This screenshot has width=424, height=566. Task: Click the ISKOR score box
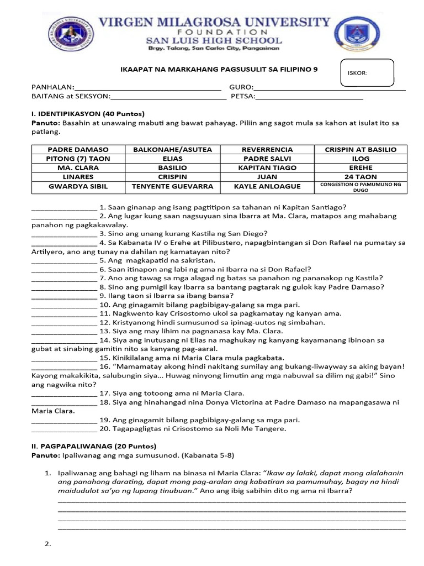click(x=367, y=73)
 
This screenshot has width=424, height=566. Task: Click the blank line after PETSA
click(x=309, y=98)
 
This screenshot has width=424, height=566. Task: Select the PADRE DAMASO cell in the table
click(x=78, y=150)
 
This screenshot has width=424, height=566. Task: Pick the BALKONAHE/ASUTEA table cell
click(x=172, y=150)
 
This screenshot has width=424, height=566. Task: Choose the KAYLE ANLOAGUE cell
click(x=267, y=186)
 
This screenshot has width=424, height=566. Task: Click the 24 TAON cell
click(x=361, y=177)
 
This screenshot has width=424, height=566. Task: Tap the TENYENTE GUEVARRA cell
click(x=172, y=186)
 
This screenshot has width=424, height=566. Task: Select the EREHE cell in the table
click(x=361, y=167)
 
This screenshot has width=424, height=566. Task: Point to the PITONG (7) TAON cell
click(x=78, y=159)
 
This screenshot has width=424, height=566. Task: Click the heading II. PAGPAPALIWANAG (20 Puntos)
click(x=94, y=446)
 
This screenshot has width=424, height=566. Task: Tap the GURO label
click(x=241, y=87)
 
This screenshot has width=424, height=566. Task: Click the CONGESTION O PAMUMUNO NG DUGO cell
click(x=361, y=186)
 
